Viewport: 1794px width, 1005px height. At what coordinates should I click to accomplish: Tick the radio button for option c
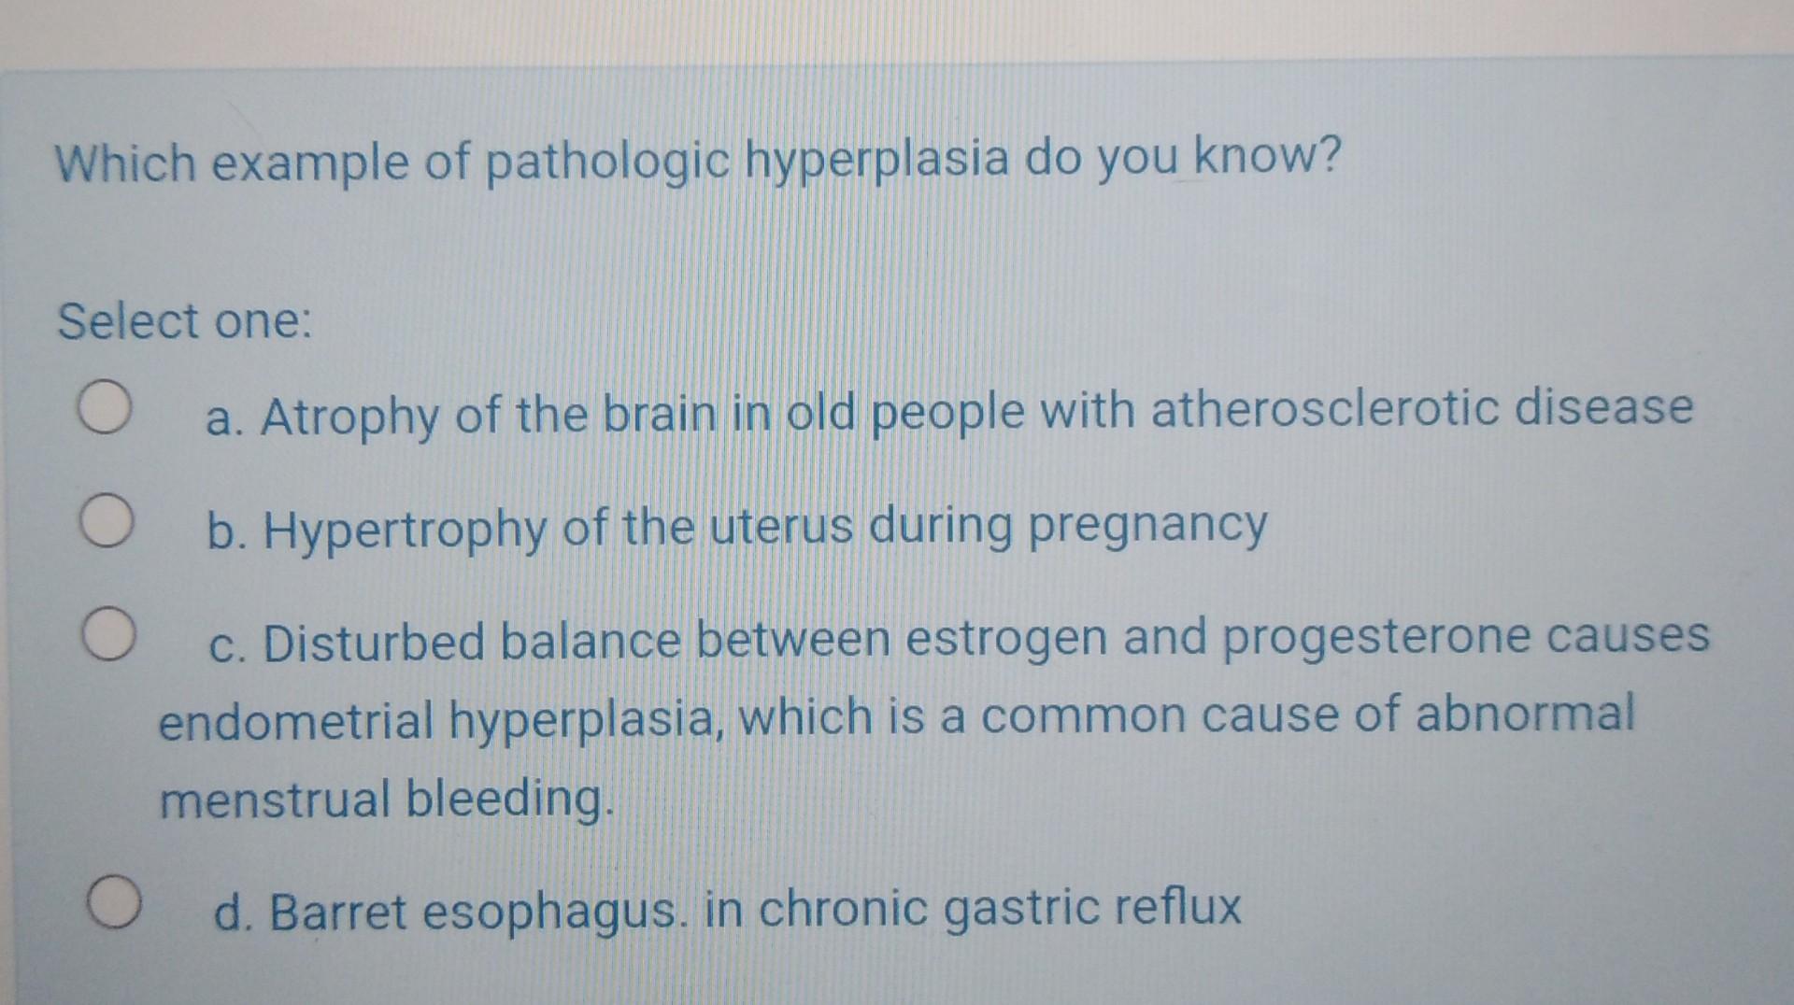(108, 635)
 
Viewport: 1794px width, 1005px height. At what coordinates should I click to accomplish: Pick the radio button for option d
(116, 902)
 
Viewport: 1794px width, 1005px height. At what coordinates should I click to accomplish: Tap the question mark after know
(1331, 155)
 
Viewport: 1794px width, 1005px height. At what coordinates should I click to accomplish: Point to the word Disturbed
(374, 644)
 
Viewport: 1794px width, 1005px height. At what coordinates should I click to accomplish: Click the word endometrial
(295, 722)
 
